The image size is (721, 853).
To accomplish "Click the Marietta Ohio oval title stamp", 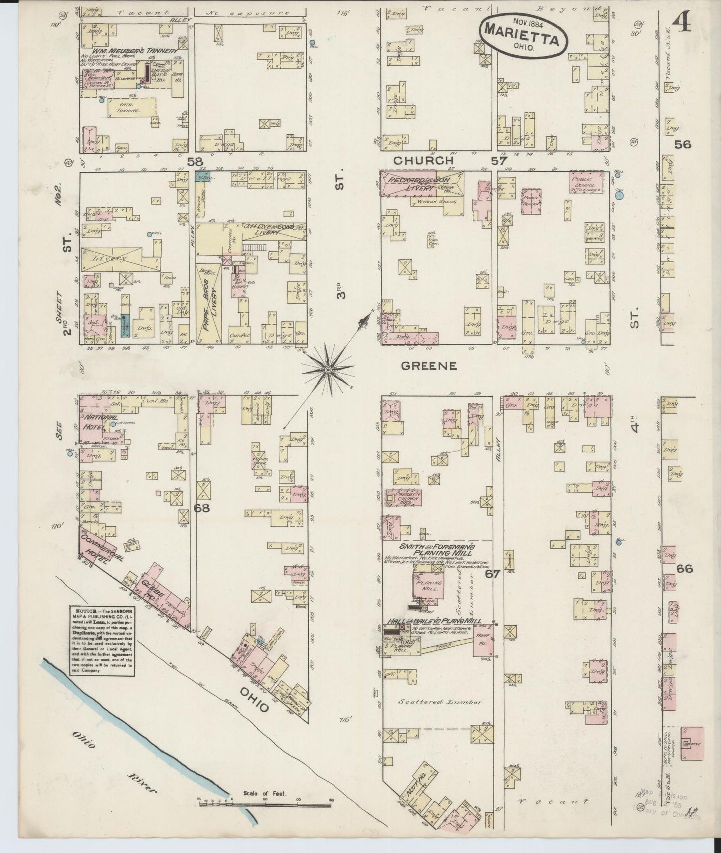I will point(524,35).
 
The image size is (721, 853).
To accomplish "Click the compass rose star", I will point(328,369).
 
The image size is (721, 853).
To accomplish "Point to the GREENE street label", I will point(429,366).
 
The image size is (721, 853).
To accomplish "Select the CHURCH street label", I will point(423,161).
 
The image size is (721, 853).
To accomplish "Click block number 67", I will point(493,574).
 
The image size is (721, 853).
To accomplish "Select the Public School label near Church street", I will point(585,183).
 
